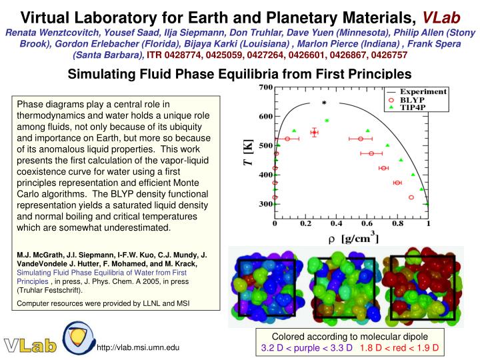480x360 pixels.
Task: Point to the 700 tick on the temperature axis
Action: (x=265, y=87)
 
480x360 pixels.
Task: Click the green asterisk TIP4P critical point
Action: (x=327, y=121)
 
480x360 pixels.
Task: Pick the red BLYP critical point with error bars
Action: (x=314, y=132)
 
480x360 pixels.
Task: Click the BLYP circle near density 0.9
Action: (x=411, y=197)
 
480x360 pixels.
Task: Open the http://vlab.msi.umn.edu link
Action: (x=138, y=348)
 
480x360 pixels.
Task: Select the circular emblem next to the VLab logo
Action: (x=79, y=338)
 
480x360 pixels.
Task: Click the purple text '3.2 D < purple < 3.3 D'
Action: (x=306, y=348)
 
